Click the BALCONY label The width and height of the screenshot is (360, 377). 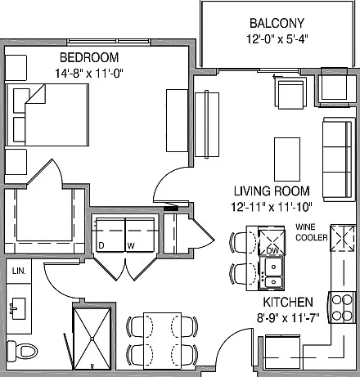(277, 23)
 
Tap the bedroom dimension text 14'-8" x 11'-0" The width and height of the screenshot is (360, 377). (89, 74)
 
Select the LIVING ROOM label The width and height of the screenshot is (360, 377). (272, 191)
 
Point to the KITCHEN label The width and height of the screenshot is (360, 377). (288, 303)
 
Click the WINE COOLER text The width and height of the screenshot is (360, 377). (312, 232)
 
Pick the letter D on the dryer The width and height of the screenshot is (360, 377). (101, 245)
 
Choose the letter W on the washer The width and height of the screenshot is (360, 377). (131, 246)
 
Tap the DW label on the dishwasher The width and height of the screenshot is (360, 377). (272, 251)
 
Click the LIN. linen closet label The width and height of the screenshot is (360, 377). (19, 271)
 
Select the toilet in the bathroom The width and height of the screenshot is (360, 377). (22, 351)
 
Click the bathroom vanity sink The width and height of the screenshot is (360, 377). (19, 308)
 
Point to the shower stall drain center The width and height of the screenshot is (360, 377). (92, 339)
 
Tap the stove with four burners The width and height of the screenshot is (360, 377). (342, 307)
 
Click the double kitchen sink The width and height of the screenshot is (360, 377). (272, 273)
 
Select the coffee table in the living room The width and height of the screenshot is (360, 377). (287, 159)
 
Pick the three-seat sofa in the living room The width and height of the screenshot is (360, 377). (339, 159)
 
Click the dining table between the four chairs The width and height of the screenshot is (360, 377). (162, 341)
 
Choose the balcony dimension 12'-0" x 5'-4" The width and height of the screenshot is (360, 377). (277, 39)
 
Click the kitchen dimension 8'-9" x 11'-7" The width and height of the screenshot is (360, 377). (288, 318)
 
